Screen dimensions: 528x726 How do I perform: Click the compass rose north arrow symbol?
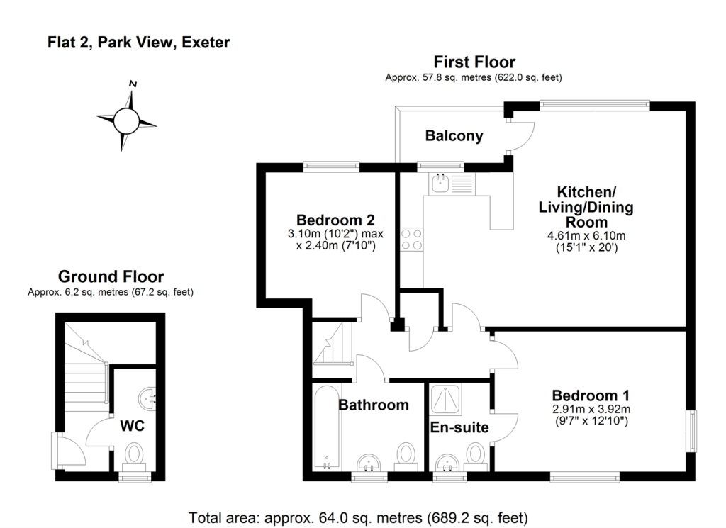(126, 119)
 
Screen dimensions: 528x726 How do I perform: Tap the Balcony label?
(454, 136)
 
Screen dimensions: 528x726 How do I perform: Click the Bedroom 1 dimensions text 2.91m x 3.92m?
(591, 409)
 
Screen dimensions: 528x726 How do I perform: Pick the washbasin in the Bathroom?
(369, 464)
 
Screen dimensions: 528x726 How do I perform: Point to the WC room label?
(133, 427)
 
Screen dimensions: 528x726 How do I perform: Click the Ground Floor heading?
(111, 276)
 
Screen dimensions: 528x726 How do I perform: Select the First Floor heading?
(474, 62)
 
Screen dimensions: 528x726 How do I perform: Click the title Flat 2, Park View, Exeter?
(138, 43)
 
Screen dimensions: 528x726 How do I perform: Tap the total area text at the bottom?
(359, 517)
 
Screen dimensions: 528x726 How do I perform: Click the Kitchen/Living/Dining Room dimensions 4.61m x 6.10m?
(586, 236)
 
